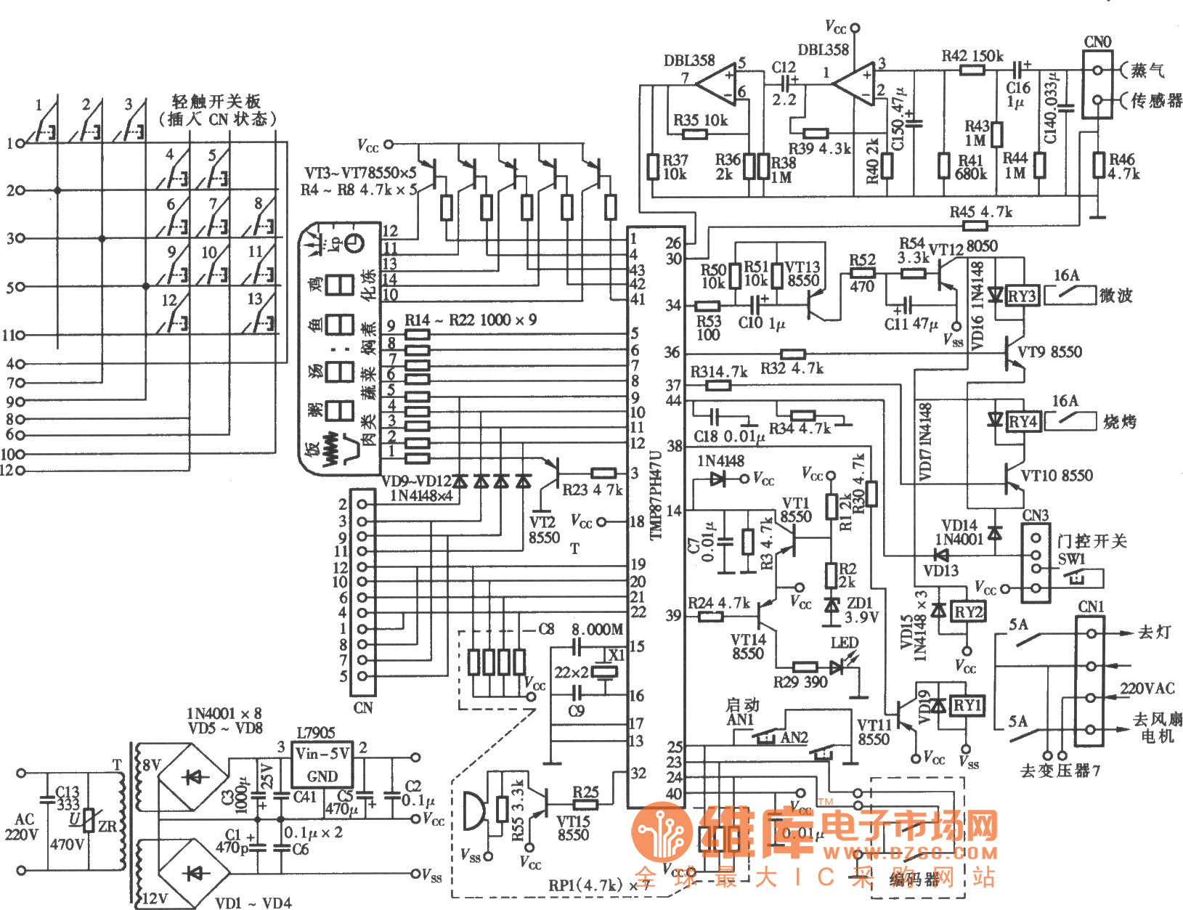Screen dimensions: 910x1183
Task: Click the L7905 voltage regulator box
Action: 322,763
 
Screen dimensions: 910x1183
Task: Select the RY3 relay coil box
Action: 1021,296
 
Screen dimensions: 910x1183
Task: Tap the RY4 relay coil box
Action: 1023,421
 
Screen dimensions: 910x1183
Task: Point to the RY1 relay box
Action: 967,705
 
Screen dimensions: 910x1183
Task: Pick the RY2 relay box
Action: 967,612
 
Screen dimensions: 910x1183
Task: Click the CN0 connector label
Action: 1097,42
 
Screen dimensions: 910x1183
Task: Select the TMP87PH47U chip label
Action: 656,494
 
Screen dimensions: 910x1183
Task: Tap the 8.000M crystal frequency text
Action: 597,629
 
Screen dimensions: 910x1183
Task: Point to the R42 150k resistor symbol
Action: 972,70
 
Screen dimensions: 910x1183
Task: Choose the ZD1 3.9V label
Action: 861,610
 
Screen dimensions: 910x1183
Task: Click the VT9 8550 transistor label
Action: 1049,352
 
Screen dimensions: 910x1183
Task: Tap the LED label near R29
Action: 845,643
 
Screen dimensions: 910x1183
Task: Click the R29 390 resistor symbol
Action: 805,667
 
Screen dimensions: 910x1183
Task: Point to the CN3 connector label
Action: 1036,516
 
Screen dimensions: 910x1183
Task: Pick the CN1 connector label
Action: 1091,606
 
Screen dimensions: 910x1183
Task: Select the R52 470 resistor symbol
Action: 862,274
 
